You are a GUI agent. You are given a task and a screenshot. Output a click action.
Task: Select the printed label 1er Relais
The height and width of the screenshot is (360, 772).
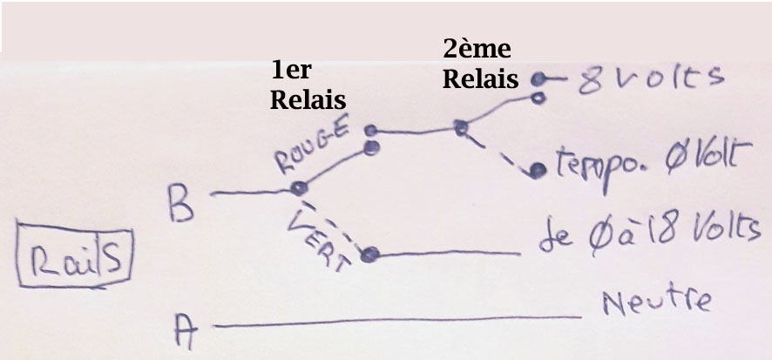[x=301, y=85]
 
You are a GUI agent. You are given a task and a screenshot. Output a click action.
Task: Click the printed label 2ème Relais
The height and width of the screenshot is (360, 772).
[x=479, y=63]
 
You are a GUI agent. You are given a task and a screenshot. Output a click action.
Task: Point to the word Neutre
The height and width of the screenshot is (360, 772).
[x=655, y=302]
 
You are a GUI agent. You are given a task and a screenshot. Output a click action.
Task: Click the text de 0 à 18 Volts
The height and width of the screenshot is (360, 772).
[x=645, y=232]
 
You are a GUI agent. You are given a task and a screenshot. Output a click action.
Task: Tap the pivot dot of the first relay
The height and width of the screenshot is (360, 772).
[x=299, y=187]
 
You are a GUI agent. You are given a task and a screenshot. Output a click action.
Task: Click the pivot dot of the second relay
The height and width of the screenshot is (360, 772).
[x=460, y=129]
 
